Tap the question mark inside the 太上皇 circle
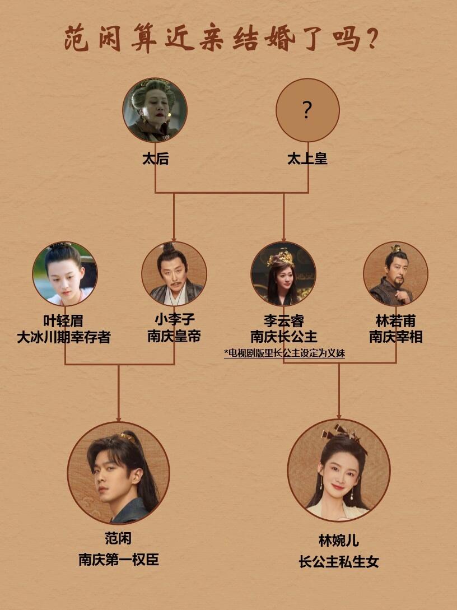307,110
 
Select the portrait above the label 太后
155,110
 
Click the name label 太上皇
307,159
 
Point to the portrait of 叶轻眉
65,273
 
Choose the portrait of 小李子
174,273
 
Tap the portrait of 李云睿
283,273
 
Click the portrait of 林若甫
395,273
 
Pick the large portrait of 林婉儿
339,471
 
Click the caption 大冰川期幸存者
64,338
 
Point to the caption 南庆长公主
283,337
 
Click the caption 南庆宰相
395,337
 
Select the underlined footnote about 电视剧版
284,353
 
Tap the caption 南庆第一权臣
119,559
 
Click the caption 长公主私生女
339,561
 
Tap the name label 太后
155,159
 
